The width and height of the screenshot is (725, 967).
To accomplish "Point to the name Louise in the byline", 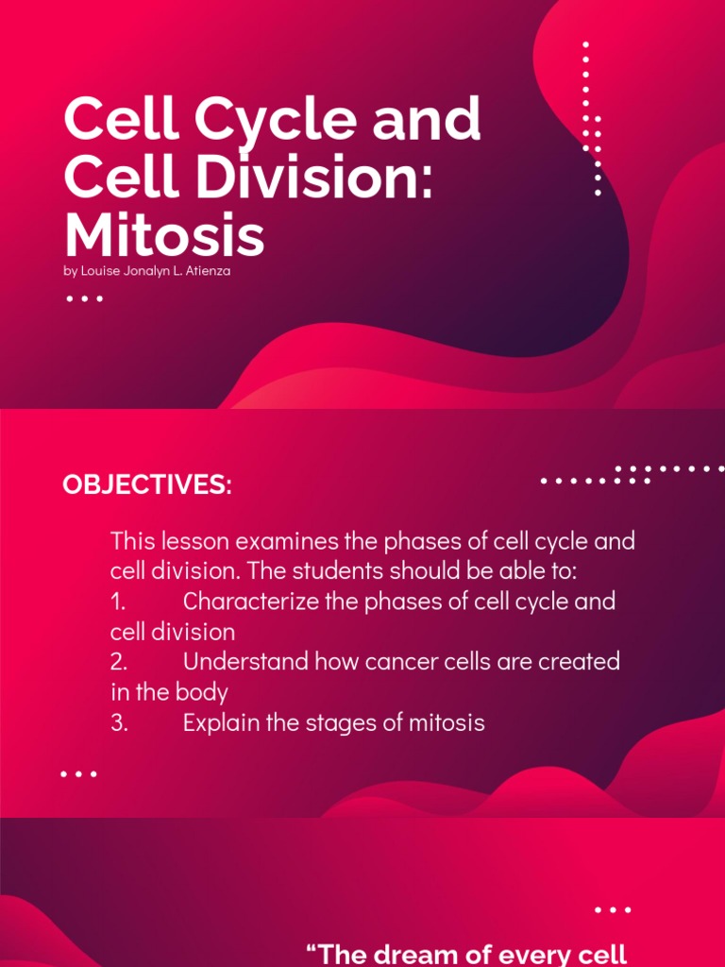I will pos(97,272).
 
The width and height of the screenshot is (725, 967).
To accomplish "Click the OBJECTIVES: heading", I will pos(146,485).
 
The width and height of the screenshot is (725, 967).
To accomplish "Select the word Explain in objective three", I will pos(220,723).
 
